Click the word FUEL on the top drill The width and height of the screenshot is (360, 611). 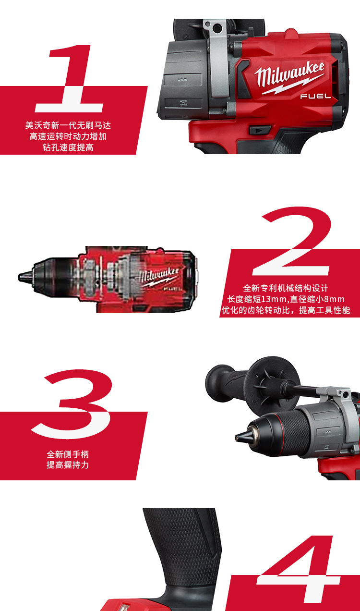tap(315, 96)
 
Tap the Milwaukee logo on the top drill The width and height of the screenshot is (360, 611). tap(290, 77)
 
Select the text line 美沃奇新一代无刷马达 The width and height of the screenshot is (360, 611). tap(68, 125)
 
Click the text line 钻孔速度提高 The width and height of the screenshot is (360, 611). tap(68, 147)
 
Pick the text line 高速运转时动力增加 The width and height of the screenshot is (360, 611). tap(68, 136)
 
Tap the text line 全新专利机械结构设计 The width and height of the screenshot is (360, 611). tap(286, 288)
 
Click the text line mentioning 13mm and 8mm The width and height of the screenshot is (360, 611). tap(286, 299)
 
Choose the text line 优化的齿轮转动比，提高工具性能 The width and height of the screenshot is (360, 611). tap(286, 310)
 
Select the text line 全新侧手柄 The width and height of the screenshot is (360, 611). tap(68, 454)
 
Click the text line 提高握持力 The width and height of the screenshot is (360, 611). tap(68, 465)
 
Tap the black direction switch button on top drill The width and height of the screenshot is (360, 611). tap(260, 130)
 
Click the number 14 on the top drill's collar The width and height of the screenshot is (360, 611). tap(183, 103)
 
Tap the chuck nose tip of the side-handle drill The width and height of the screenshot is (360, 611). tap(237, 438)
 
